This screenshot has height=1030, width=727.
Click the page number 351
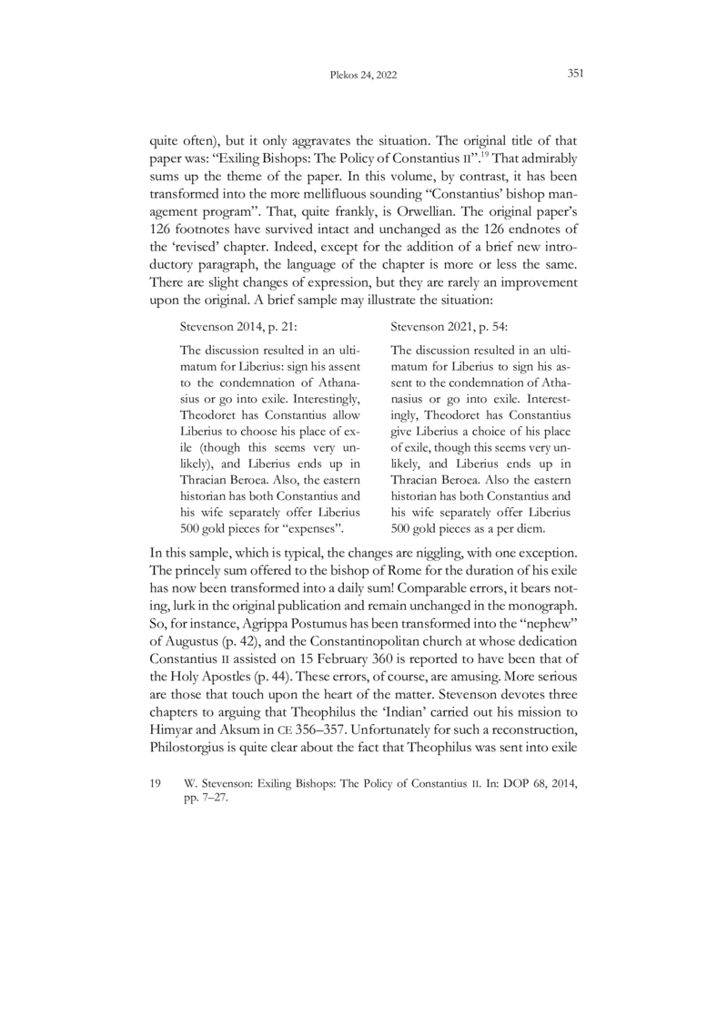574,76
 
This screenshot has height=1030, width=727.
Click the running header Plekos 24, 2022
363,76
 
